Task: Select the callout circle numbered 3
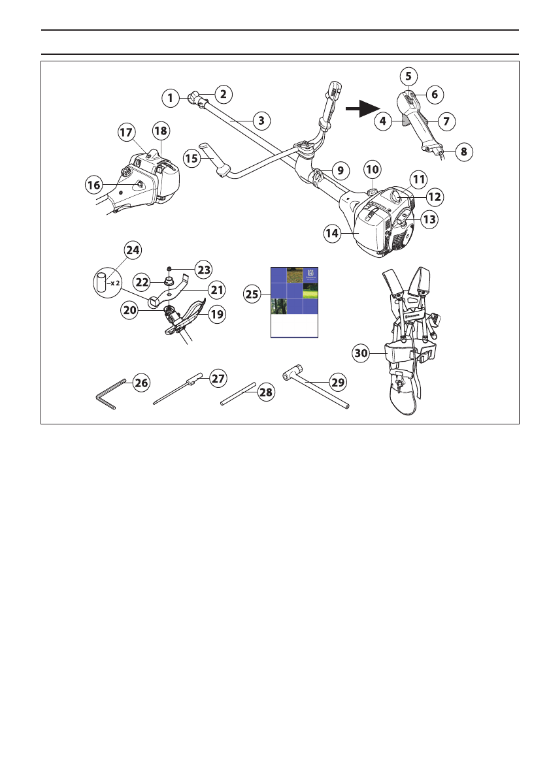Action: pos(261,120)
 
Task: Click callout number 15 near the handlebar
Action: pos(192,158)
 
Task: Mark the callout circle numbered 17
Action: pos(125,132)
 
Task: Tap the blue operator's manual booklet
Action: pos(294,302)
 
